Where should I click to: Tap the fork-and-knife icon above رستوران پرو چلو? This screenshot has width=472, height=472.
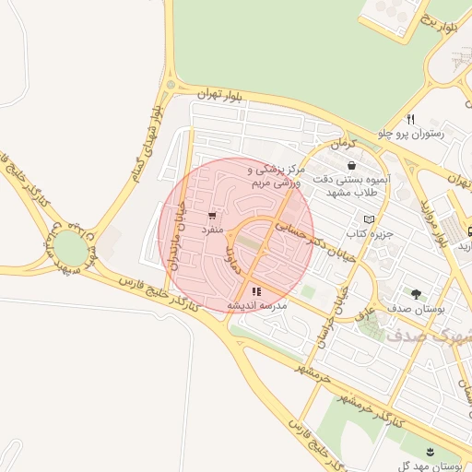410,119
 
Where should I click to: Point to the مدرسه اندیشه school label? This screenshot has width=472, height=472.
257,304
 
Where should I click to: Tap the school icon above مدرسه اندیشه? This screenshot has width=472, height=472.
255,290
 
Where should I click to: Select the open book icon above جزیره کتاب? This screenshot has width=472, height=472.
370,219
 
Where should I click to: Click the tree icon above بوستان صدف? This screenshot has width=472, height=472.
417,294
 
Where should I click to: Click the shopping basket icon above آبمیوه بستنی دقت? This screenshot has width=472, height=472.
351,165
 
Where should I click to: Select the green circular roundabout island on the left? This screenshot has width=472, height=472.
69,247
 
